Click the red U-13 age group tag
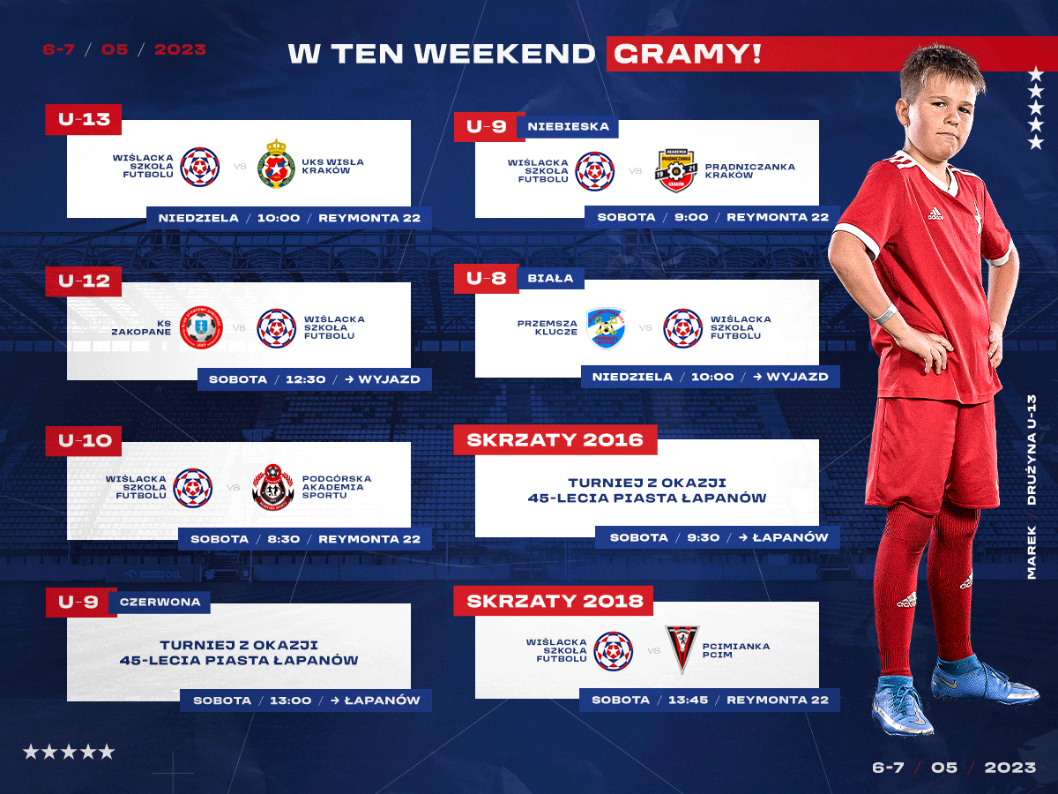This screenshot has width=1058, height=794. coord(84,119)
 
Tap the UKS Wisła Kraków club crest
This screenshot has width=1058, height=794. coord(275,164)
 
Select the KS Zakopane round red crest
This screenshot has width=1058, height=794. coord(201,327)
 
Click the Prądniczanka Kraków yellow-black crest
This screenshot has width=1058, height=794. coord(675,170)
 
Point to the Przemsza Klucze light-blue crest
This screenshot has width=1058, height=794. coord(606,328)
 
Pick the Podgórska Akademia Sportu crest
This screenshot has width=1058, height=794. coord(272,487)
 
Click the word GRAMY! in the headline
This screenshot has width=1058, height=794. coord(688,54)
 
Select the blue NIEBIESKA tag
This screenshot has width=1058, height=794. coord(568,127)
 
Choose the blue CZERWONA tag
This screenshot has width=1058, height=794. coord(160,603)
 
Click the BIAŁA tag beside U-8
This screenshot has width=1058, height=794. coord(550,278)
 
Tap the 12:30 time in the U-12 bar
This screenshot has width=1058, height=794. coord(306,379)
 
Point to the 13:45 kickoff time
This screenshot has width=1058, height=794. coord(688,700)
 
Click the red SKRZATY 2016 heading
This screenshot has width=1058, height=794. coord(555,439)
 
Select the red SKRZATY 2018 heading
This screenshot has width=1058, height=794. coord(555,601)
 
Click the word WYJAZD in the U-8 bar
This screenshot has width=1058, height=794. coord(797,377)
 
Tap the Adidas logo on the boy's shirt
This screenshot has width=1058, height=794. coord(935,213)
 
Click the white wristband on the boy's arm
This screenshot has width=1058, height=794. coord(885,314)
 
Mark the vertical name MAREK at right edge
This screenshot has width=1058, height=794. coord(1031,552)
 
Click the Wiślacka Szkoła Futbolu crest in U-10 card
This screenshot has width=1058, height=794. coord(193,487)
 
